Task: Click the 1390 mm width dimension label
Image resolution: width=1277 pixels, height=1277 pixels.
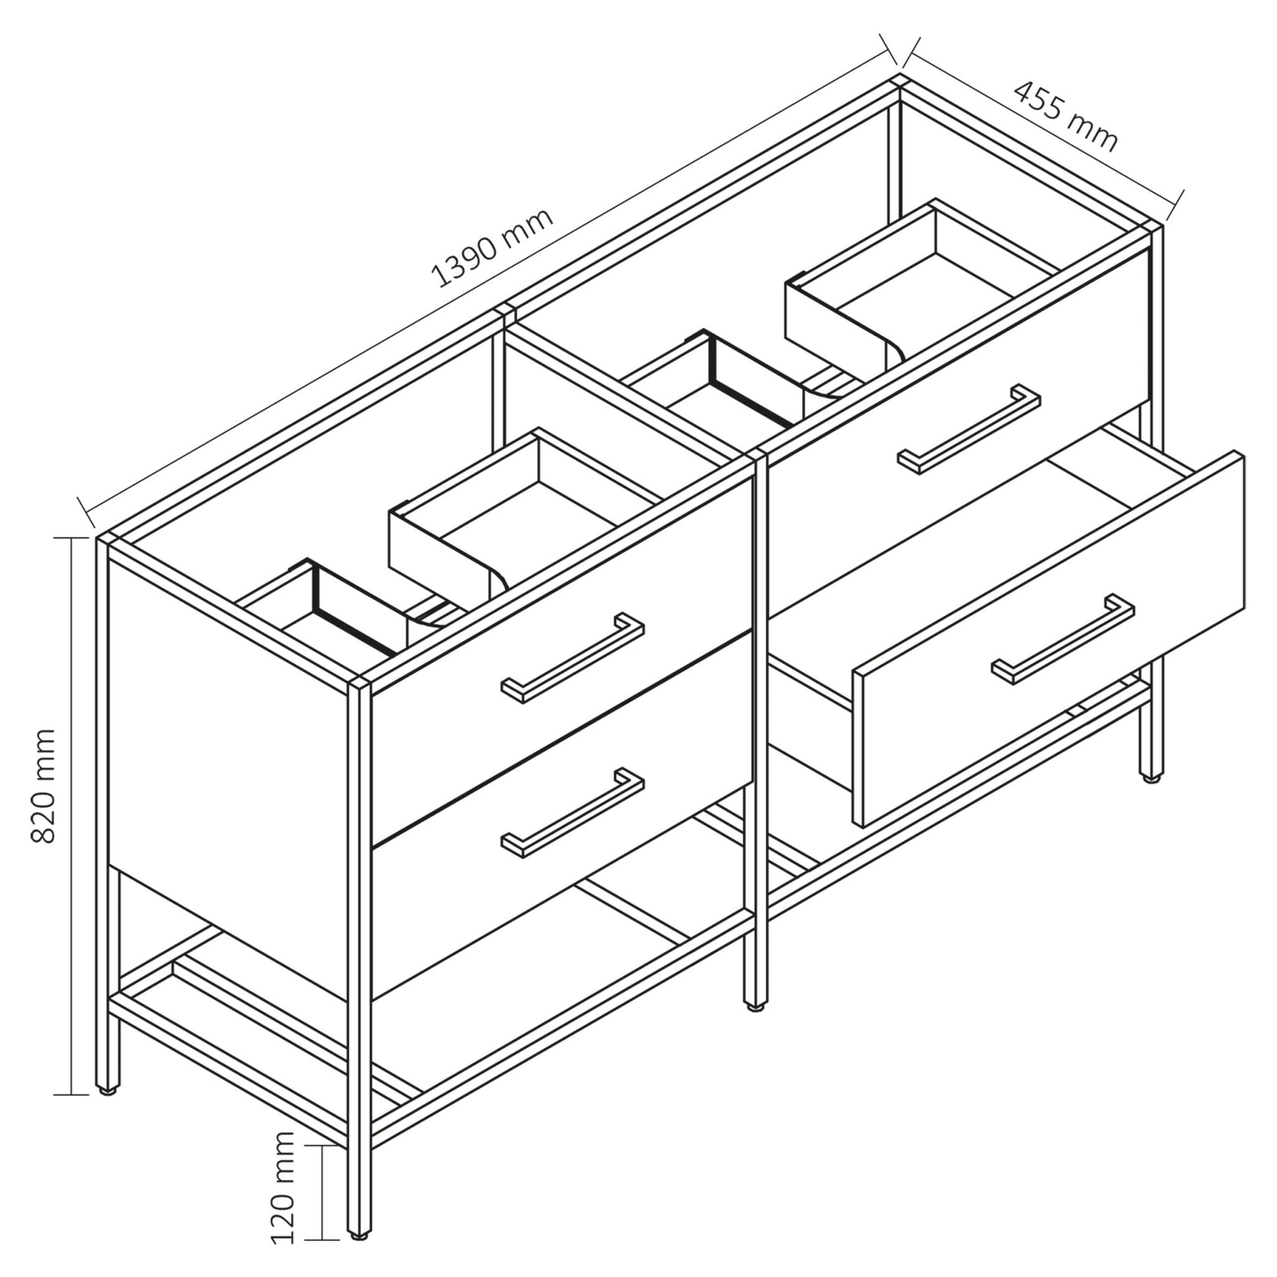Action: pos(492,248)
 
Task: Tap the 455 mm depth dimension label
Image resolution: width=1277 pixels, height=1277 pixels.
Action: pos(1066,115)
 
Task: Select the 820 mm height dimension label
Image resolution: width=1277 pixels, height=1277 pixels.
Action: pos(43,786)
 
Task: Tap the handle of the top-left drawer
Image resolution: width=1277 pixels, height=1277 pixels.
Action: pos(572,658)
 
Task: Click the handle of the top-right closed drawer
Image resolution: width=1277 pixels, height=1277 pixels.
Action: pos(969,429)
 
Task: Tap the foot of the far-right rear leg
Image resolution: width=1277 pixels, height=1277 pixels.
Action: pos(1150,779)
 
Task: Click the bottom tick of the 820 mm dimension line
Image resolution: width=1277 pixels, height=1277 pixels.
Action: pos(72,1095)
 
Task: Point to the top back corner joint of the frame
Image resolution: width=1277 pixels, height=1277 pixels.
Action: pos(899,83)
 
